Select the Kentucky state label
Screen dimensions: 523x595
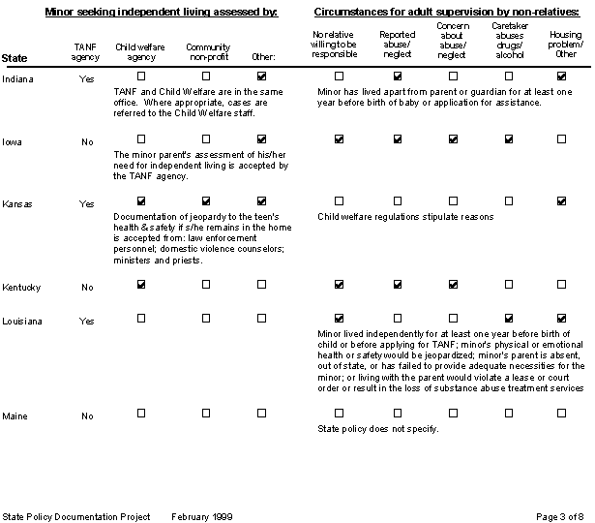click(x=20, y=287)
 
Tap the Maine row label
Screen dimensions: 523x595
click(x=15, y=416)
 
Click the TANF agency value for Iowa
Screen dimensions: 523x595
click(x=87, y=140)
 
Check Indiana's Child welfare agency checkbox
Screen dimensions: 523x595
click(x=141, y=76)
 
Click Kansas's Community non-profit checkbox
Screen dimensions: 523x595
click(x=205, y=203)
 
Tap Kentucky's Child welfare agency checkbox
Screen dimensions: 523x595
click(x=141, y=285)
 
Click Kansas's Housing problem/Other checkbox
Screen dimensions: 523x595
click(x=562, y=201)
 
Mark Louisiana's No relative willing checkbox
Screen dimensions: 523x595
click(x=339, y=319)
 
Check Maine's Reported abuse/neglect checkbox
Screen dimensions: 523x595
click(x=397, y=414)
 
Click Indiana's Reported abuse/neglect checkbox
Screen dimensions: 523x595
click(x=397, y=76)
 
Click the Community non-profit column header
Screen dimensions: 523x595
click(x=206, y=52)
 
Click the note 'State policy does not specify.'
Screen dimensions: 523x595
click(x=378, y=428)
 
